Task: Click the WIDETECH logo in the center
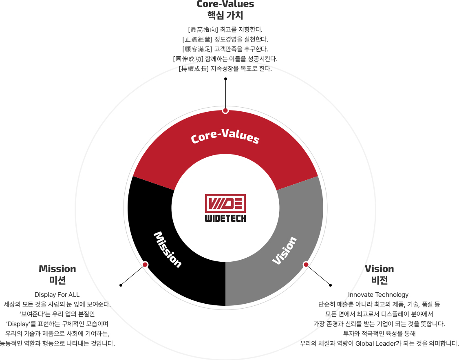click(225, 208)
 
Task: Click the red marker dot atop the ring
click(225, 110)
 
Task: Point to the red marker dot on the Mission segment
click(145, 265)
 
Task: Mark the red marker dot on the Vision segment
click(306, 265)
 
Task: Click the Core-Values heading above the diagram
click(225, 4)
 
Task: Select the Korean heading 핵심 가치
click(225, 15)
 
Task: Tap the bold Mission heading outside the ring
click(57, 269)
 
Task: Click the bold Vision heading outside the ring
click(380, 269)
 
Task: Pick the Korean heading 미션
click(57, 280)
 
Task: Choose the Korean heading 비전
click(380, 280)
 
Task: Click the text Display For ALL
click(57, 295)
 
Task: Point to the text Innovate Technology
click(378, 295)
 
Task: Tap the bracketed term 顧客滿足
click(198, 49)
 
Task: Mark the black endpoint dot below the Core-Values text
click(225, 79)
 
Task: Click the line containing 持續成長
click(225, 69)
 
